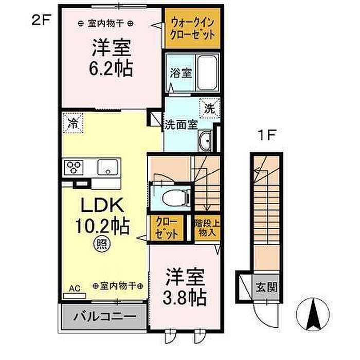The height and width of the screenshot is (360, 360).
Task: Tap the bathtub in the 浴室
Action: coord(207,73)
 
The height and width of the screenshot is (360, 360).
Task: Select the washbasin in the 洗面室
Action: coord(205,140)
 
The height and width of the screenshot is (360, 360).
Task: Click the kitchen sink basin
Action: coord(107,167)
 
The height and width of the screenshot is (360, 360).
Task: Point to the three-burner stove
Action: coord(74,167)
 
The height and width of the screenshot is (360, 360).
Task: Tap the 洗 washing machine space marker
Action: coord(209,109)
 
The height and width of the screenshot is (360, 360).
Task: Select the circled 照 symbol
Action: coord(102,245)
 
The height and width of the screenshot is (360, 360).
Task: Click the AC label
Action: coord(75,289)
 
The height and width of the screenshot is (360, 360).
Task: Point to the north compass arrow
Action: coord(313,314)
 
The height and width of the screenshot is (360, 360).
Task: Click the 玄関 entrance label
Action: coord(266,287)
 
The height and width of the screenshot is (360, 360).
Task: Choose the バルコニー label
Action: coord(104,317)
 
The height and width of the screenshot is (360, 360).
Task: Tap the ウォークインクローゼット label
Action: coord(193,29)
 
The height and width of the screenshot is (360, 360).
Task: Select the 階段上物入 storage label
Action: coord(207,228)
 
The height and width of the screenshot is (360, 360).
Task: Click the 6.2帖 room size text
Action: coord(111,68)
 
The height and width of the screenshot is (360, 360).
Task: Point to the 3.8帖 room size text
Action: coord(185,298)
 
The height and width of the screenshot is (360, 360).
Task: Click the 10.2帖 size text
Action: coord(102,226)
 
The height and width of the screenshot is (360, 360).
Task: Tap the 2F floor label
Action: coord(41,20)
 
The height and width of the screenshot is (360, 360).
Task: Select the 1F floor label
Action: coord(266,135)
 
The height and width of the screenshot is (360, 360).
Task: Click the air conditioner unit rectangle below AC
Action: coord(75,296)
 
